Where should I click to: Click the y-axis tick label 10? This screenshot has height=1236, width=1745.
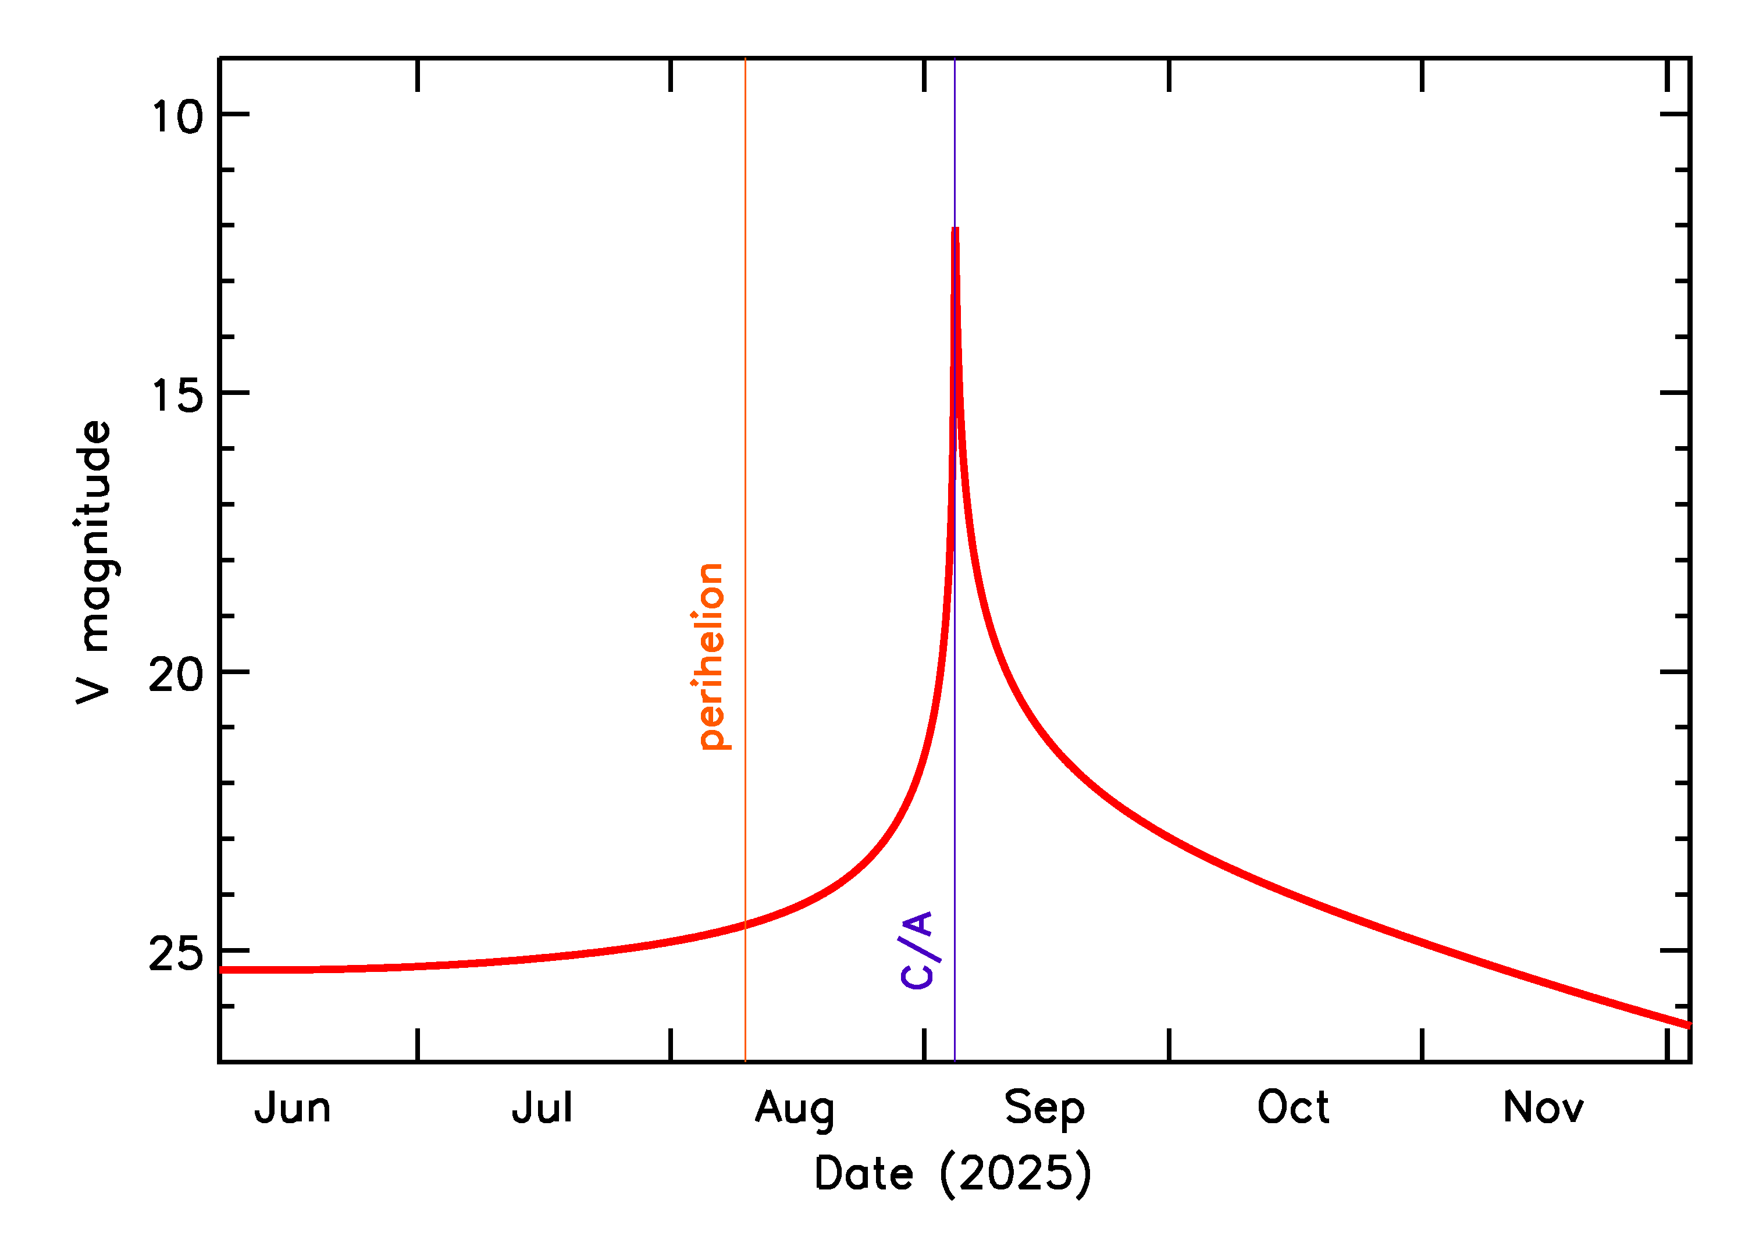(177, 118)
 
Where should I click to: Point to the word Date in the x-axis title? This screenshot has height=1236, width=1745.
(863, 1175)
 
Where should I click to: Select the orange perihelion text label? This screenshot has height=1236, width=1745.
(711, 656)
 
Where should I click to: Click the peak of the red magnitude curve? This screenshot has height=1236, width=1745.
(955, 230)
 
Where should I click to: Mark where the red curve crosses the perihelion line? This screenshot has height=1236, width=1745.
(745, 925)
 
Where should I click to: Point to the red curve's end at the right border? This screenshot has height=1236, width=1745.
(1688, 1025)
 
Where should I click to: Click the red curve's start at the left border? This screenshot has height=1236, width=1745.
(222, 970)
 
